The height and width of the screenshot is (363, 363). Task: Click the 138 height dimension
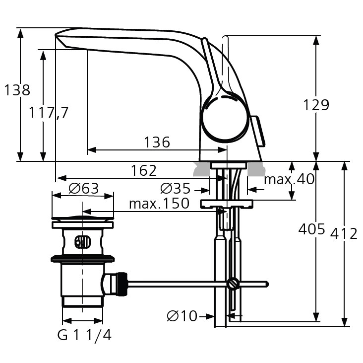[17, 90]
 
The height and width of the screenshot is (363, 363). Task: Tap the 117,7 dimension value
[48, 113]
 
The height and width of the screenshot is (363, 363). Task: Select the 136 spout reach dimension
[157, 143]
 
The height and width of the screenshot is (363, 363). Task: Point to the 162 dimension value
[144, 171]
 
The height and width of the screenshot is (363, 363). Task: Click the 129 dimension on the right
[316, 105]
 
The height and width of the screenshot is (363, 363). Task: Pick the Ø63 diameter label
[84, 189]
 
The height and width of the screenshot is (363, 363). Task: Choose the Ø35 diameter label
[176, 189]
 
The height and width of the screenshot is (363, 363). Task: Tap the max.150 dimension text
[159, 204]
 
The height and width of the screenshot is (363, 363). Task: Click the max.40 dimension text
[289, 179]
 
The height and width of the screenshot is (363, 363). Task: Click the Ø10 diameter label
[182, 316]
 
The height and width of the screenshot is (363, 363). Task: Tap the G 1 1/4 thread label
[84, 336]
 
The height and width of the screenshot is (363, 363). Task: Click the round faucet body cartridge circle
[224, 119]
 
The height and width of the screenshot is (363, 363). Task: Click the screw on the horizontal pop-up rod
[233, 284]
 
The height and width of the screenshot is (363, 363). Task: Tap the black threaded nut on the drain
[121, 284]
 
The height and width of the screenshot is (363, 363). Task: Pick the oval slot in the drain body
[82, 243]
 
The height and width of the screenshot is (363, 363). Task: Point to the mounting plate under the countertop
[227, 204]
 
